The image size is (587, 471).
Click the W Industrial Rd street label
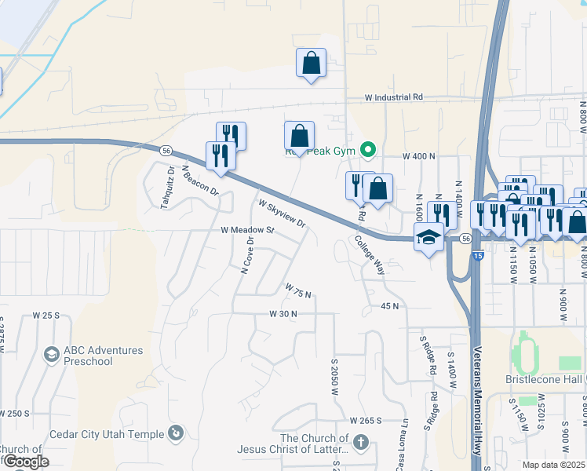pyautogui.click(x=394, y=97)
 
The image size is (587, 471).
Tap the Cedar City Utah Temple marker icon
pyautogui.click(x=177, y=433)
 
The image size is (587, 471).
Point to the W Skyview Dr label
pyautogui.click(x=282, y=212)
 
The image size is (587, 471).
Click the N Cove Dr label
pyautogui.click(x=248, y=257)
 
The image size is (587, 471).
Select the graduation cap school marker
pyautogui.click(x=428, y=239)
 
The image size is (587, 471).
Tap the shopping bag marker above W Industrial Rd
pyautogui.click(x=311, y=63)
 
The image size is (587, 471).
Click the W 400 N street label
pyautogui.click(x=418, y=156)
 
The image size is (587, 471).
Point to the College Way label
pyautogui.click(x=370, y=255)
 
